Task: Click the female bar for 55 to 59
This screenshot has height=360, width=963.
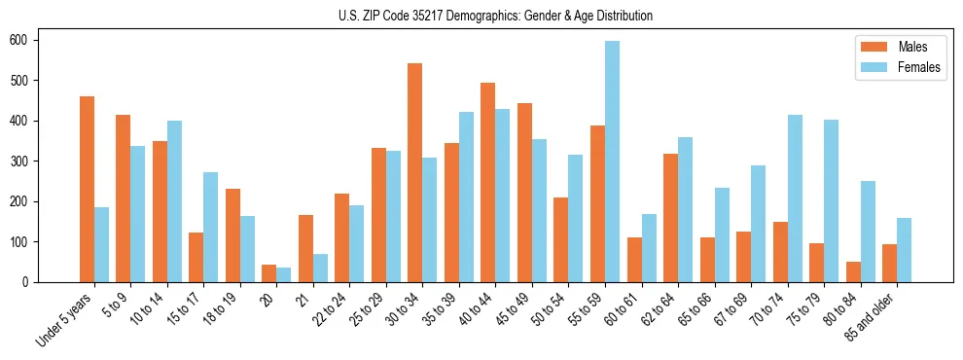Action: coord(612,162)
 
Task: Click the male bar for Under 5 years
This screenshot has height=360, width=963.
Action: coord(87,190)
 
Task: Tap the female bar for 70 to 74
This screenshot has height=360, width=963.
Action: coord(795,198)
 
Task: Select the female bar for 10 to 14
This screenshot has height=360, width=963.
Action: coord(174,201)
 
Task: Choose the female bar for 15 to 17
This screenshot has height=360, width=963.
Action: coord(211,227)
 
